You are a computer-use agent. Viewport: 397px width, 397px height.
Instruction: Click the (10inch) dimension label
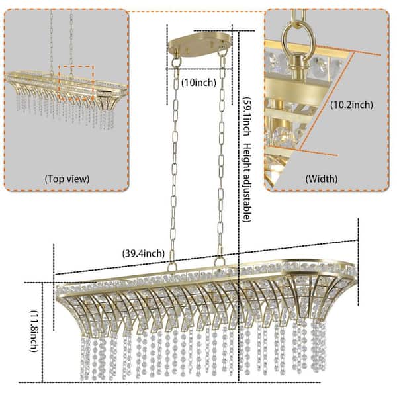pos(199,83)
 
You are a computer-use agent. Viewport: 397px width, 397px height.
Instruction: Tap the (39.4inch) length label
pos(144,253)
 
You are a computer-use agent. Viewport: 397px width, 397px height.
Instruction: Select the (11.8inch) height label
pos(34,331)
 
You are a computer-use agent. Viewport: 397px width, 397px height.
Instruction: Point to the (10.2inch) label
pos(352,105)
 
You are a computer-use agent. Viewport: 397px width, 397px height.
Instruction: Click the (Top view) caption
pos(67,179)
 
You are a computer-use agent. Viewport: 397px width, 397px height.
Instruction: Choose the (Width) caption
pos(322,179)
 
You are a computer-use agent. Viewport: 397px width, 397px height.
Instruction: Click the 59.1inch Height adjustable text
pos(247,159)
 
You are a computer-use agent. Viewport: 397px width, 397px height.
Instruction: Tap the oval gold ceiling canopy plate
pos(200,44)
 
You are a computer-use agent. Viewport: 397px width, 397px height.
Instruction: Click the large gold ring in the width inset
pos(298,40)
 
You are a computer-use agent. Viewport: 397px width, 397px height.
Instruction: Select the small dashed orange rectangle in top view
pos(77,83)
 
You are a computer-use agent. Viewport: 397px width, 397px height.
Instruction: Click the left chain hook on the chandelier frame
pos(172,267)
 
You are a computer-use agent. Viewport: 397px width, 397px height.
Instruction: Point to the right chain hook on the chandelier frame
pos(219,261)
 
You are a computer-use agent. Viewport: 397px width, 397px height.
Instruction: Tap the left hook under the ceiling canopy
pos(176,61)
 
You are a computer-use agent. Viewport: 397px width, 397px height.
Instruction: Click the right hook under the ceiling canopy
pos(222,52)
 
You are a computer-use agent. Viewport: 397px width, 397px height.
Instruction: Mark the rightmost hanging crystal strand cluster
pos(318,346)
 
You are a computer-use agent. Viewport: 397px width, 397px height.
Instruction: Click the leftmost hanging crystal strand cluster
pos(85,359)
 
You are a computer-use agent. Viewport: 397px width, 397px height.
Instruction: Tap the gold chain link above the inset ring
pos(299,15)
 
